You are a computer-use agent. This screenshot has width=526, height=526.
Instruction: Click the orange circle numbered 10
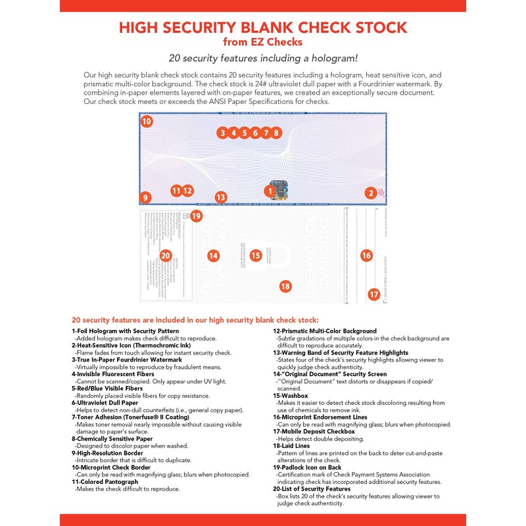coord(147,122)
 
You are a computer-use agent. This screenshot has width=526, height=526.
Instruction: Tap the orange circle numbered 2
coord(371,193)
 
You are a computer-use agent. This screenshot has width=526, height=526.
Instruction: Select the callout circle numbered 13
coord(221,197)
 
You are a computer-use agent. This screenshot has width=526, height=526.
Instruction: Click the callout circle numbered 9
coord(146,197)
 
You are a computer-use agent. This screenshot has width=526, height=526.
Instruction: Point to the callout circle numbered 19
coord(197,216)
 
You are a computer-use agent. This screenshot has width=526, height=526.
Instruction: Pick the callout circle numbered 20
coord(166,255)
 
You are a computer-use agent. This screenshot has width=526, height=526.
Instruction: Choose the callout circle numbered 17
coord(373,295)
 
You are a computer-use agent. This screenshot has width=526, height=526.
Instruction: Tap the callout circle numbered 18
coord(285,286)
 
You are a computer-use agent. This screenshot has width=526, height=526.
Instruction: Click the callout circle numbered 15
coord(256,255)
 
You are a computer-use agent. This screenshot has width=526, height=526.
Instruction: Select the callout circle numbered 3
coord(223,133)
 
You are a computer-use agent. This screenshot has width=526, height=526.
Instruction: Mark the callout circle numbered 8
coord(276,133)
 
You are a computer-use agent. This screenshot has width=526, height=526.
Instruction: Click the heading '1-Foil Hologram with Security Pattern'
coord(125,331)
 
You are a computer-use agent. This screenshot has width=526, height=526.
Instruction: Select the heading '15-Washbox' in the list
coord(291,396)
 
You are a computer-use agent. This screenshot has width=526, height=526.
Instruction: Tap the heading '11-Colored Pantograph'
coord(105,482)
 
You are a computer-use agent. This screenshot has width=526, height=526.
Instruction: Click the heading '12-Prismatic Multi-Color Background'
coord(325,331)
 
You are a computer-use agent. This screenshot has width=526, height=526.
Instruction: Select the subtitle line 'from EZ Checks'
coord(262,43)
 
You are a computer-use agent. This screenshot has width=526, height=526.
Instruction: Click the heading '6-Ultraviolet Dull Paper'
coord(105,403)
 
